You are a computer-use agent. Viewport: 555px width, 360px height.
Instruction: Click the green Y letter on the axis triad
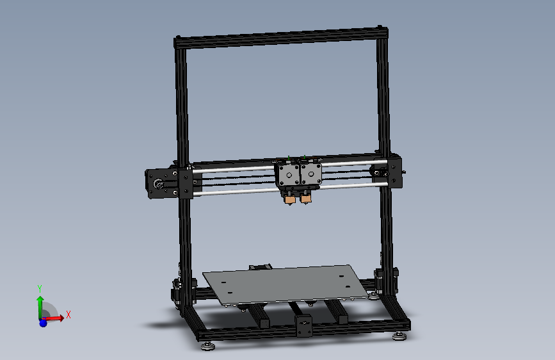pyautogui.click(x=40, y=289)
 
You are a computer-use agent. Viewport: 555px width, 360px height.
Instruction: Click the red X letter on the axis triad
pyautogui.click(x=68, y=315)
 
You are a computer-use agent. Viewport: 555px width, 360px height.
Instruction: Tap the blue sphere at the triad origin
pyautogui.click(x=43, y=322)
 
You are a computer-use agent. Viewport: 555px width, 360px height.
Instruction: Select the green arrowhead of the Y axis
pyautogui.click(x=40, y=299)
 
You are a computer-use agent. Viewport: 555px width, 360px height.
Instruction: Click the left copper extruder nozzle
pyautogui.click(x=290, y=200)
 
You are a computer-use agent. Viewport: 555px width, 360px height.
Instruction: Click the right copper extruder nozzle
pyautogui.click(x=307, y=199)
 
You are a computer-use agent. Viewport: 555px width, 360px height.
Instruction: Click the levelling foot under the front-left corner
pyautogui.click(x=207, y=347)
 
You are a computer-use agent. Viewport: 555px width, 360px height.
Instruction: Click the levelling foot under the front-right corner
pyautogui.click(x=400, y=335)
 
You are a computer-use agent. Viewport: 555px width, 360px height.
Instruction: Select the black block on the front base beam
pyautogui.click(x=303, y=326)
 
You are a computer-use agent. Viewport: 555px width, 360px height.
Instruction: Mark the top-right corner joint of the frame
pyautogui.click(x=383, y=29)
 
